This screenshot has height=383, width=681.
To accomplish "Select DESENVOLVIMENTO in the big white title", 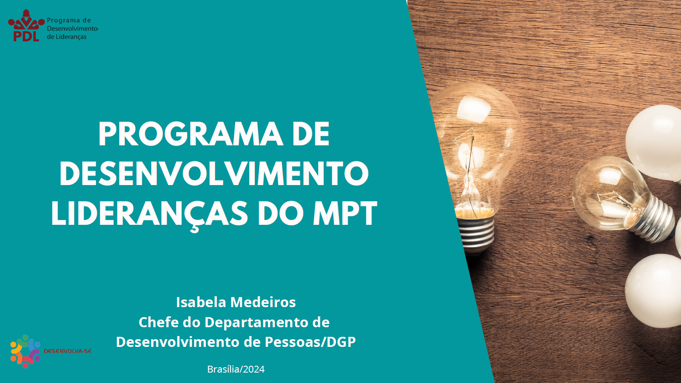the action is (214, 173).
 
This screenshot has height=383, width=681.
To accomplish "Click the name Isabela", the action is (201, 302).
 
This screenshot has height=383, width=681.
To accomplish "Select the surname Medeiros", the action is (263, 302).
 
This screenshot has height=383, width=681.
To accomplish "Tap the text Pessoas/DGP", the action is (310, 342).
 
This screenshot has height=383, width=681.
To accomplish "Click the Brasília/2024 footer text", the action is (236, 369).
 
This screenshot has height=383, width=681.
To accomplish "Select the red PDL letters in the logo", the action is (26, 36).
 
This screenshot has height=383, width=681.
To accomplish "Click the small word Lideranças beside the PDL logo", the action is (71, 37).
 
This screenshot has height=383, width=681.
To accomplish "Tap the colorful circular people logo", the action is (25, 351).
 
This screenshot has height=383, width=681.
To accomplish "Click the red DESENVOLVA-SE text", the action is (68, 351).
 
